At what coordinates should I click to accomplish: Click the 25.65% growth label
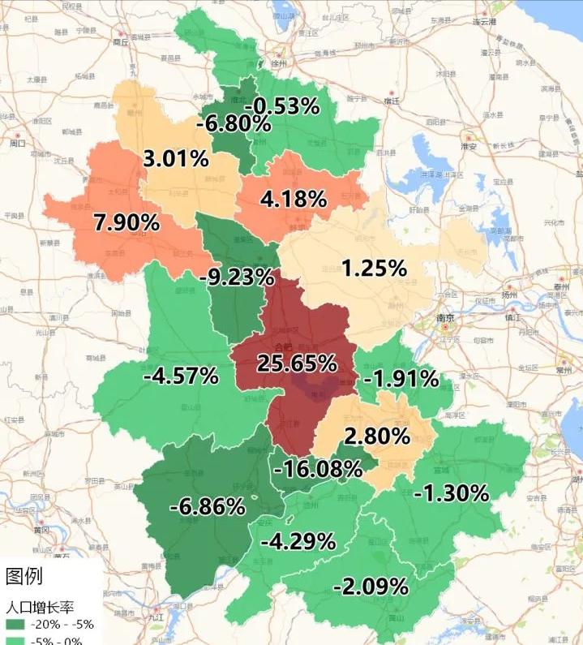(x=297, y=363)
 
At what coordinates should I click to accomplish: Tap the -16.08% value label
(x=317, y=468)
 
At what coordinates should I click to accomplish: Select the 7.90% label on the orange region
(x=126, y=222)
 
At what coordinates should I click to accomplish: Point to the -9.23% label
(x=236, y=277)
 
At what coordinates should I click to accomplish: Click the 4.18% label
(x=293, y=199)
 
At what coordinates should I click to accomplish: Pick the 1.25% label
(x=373, y=268)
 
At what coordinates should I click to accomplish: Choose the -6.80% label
(x=233, y=123)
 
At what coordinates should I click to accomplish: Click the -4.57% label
(x=180, y=376)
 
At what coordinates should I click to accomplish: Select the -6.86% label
(x=207, y=506)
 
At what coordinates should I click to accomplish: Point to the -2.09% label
(x=370, y=585)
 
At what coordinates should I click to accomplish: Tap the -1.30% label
(x=451, y=492)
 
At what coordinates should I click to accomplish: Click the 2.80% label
(x=376, y=436)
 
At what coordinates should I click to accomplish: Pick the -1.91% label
(x=401, y=378)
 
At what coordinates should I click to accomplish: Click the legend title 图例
(x=24, y=576)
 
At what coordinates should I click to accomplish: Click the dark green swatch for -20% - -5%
(x=15, y=624)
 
